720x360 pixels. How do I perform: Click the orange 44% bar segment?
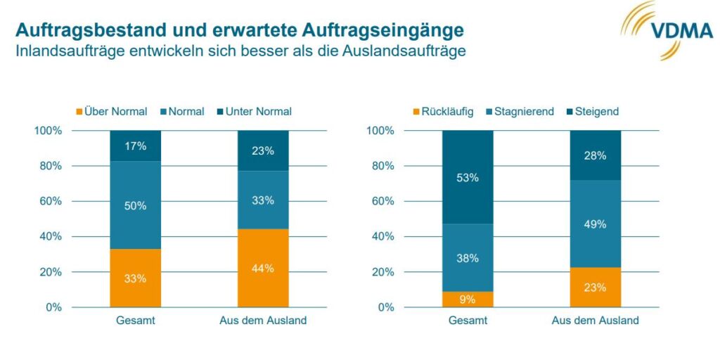coord(263,268)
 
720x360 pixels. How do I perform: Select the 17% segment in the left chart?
coord(135,146)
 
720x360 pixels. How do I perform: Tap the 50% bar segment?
coord(135,205)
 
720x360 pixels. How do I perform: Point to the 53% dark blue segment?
coord(468,177)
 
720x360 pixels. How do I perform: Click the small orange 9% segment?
coord(468,300)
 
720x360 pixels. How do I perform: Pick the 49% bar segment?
coord(595,224)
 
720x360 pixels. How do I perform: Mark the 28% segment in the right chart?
coord(595,155)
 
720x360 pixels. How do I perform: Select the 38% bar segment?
coord(468,257)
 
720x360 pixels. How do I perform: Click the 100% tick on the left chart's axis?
coord(49,131)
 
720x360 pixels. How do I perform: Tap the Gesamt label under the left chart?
coord(135,321)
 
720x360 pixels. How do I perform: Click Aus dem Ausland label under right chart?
coord(595,321)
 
